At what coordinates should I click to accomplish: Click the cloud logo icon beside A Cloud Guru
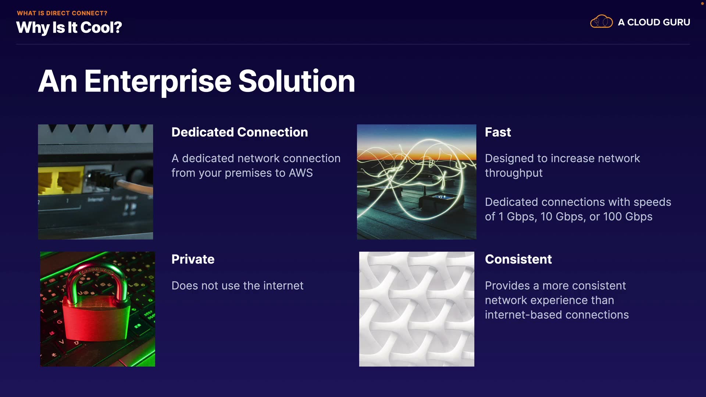coord(601,22)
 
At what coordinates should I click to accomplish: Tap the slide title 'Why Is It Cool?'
coord(69,28)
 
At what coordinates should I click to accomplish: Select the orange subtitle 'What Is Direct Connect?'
coord(62,13)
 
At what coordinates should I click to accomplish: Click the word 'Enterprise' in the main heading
coord(158,82)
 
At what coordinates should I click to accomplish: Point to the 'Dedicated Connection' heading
coord(240,132)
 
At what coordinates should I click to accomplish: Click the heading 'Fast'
coord(498,132)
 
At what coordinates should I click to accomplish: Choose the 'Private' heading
coord(193,260)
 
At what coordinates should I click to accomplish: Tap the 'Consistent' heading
coord(518,260)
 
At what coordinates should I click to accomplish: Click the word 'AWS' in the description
coord(301,173)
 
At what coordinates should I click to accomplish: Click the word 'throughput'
coord(514,173)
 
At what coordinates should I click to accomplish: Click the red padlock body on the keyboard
coord(96,318)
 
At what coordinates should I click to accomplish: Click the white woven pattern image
coord(417,309)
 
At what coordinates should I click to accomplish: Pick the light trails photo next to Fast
coord(417,182)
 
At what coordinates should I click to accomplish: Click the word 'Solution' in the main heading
coord(297,81)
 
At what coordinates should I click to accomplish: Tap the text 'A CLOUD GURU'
coord(654,22)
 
